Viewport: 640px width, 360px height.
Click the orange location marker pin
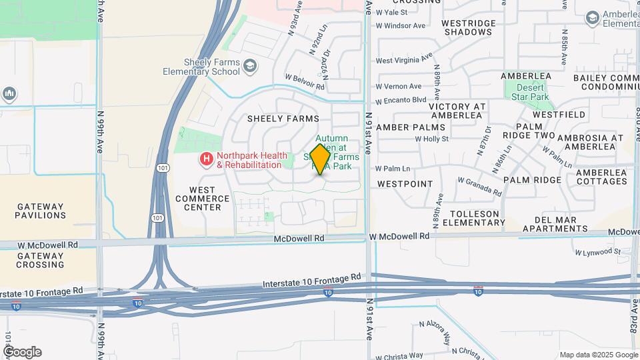321,159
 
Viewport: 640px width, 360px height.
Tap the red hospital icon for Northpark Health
207,159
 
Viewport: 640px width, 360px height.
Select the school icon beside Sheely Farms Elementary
250,65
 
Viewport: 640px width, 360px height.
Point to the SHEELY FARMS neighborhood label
283,119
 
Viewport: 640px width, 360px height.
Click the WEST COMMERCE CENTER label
197,199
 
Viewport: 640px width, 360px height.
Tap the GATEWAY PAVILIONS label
41,211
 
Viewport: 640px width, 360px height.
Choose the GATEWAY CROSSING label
40,260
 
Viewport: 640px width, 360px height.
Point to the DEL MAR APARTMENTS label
555,224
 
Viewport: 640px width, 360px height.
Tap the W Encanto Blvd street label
401,101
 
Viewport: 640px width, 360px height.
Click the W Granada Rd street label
479,186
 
